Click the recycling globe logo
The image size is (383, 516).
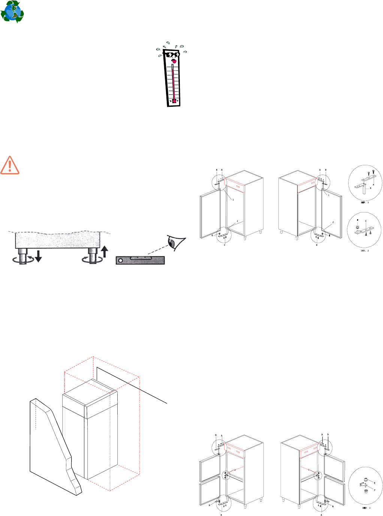[12, 12]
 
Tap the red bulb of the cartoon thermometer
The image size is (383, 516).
[174, 101]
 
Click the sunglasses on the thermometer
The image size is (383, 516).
[173, 55]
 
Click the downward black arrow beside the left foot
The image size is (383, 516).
[38, 256]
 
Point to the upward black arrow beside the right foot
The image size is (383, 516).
[105, 251]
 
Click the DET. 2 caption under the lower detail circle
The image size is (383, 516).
[365, 250]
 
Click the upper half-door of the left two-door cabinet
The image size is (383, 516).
[210, 468]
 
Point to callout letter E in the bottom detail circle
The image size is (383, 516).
[374, 483]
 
